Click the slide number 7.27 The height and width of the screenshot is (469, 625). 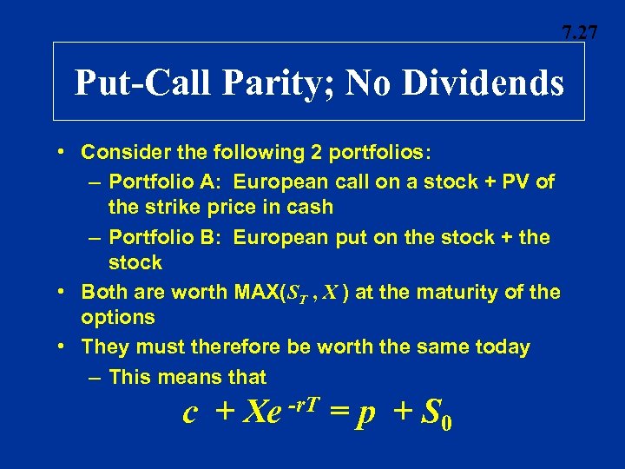579,34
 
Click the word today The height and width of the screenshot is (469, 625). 499,347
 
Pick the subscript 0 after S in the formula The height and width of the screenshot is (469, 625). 445,425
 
